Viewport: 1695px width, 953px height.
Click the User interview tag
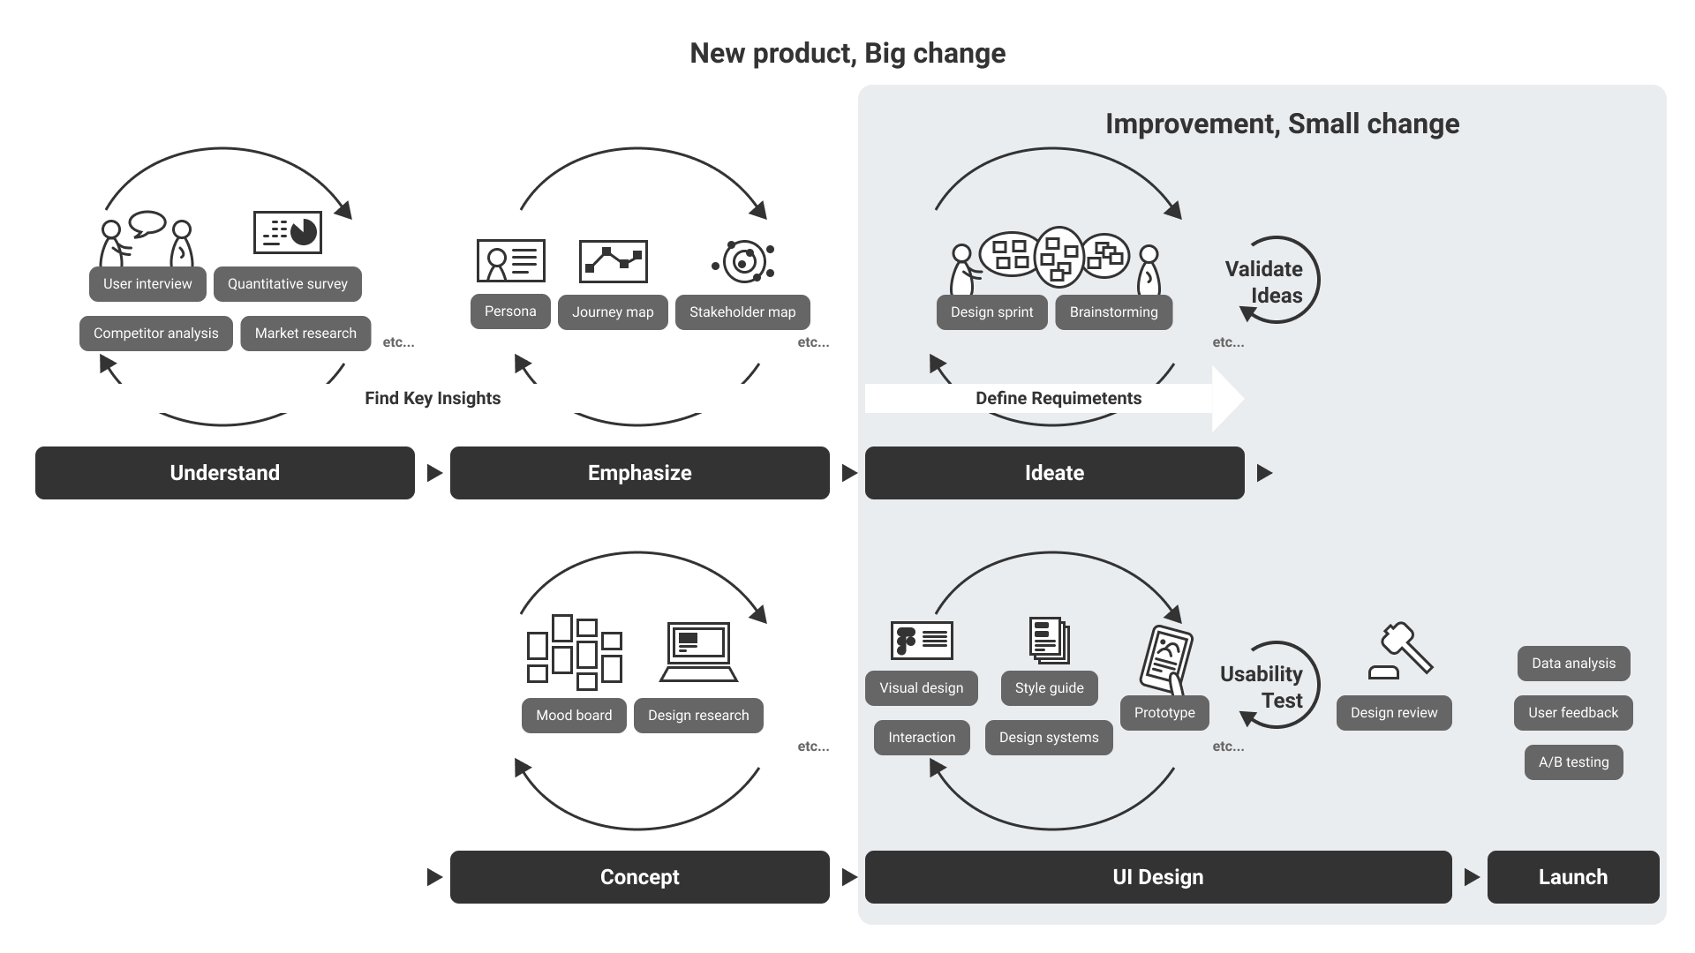[x=147, y=284]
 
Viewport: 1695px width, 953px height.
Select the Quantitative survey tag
[x=288, y=284]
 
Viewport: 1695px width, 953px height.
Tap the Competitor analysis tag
[x=156, y=334]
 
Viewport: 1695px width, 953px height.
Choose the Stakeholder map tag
[x=742, y=312]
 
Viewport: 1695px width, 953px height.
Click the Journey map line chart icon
[x=614, y=261]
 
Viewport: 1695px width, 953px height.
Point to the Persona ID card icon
[x=511, y=261]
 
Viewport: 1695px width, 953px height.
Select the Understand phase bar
[x=225, y=473]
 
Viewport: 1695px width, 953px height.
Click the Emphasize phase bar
[x=640, y=473]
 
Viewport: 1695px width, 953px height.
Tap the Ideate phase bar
[x=1055, y=473]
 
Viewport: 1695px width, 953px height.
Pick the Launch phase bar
[x=1573, y=877]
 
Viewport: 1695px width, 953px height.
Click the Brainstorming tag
[x=1114, y=312]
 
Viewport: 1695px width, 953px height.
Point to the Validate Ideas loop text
[x=1264, y=282]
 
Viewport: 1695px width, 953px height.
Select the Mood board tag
[x=574, y=716]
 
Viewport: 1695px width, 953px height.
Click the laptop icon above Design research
[x=698, y=652]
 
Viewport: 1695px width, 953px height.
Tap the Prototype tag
[x=1164, y=713]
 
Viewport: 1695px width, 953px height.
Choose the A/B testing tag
[x=1574, y=762]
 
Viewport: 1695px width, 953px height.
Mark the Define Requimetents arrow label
[x=1058, y=399]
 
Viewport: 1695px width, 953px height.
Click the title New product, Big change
[x=847, y=53]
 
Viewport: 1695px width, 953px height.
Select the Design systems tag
[x=1049, y=738]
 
